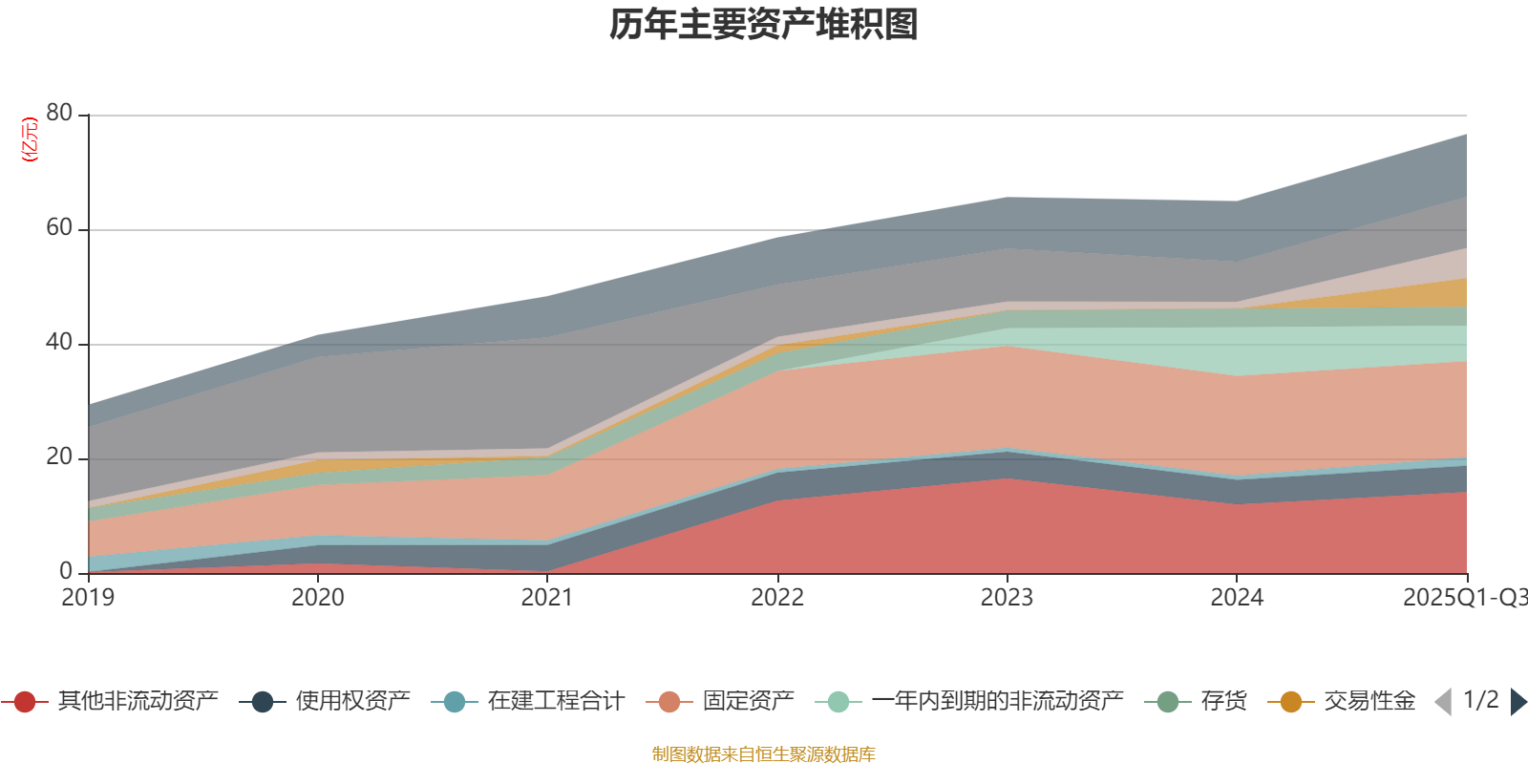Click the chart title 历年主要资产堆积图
[764, 25]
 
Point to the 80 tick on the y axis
[59, 113]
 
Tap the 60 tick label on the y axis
[59, 227]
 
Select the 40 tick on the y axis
[59, 342]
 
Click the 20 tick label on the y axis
[59, 456]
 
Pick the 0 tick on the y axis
[66, 571]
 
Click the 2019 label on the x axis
[88, 598]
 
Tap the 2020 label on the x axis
[317, 598]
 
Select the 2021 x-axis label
[547, 598]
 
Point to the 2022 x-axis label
[777, 598]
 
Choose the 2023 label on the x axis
[1007, 598]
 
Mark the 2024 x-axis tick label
[1237, 598]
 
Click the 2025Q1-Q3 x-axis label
[1464, 598]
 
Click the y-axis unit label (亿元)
[30, 139]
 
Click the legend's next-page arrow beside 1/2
[1517, 702]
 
